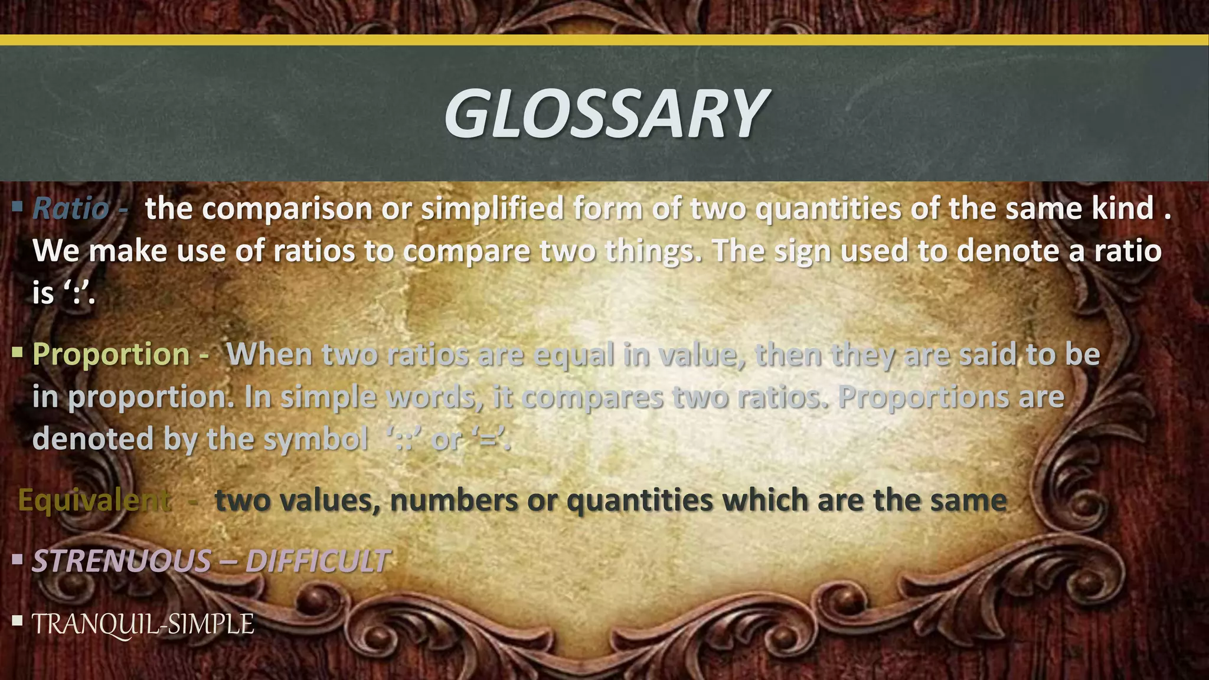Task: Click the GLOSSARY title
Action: (x=606, y=113)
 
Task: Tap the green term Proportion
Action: (x=111, y=354)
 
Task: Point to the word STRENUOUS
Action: (x=121, y=560)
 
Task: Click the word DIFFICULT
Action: (x=318, y=560)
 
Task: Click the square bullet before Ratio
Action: (x=17, y=207)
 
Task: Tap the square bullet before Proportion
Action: (x=17, y=352)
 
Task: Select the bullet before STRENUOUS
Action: (x=17, y=558)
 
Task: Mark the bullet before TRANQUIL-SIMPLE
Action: (x=17, y=620)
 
